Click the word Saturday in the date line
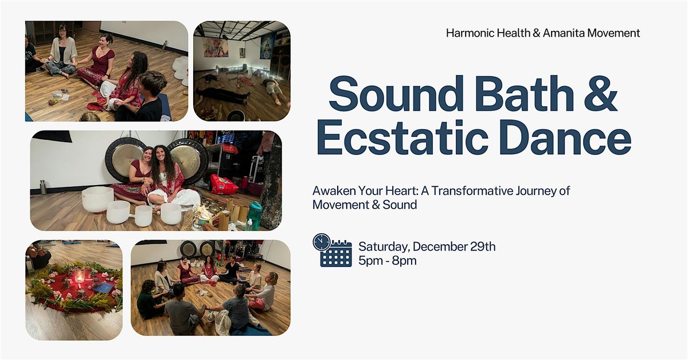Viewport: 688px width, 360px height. click(384, 247)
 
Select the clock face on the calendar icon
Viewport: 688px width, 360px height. click(322, 242)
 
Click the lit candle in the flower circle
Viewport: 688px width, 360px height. click(79, 277)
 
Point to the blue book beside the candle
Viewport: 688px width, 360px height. click(104, 287)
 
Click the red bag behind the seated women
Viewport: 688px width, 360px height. click(224, 184)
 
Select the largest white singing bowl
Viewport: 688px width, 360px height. click(97, 199)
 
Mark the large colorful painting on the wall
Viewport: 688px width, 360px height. click(216, 48)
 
